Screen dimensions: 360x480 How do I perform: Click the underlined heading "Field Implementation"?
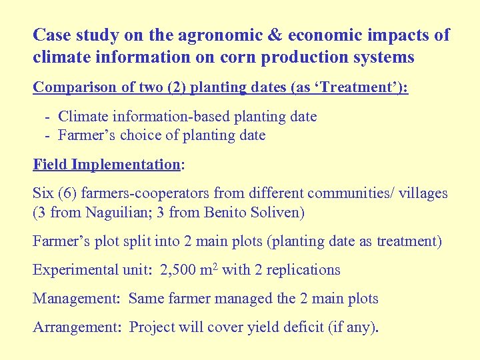point(107,165)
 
